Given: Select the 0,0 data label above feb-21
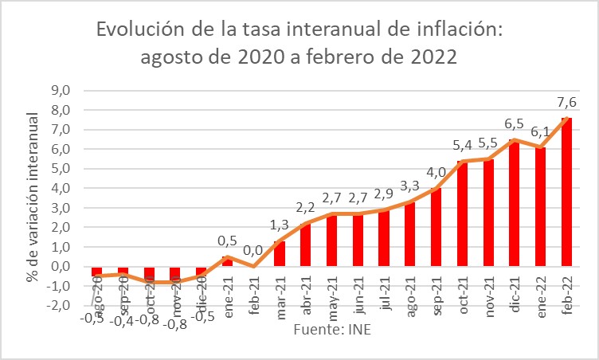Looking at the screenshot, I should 253,250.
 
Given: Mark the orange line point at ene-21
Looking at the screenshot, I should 227,256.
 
